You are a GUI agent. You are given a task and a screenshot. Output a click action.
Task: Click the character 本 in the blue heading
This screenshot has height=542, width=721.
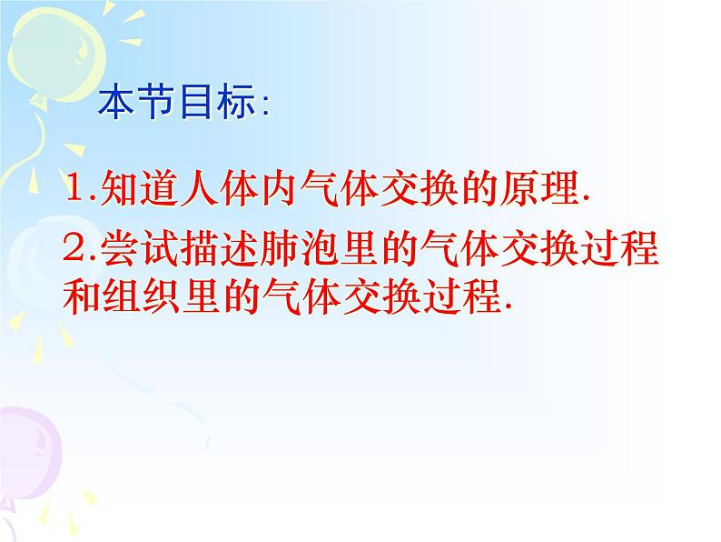pos(116,101)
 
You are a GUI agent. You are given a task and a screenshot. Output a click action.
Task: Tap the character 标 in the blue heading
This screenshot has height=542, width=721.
pos(236,101)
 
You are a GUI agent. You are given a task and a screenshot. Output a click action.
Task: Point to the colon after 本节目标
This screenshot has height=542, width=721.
pos(265,105)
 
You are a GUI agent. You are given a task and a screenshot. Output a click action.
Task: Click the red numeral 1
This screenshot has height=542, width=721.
pos(74,187)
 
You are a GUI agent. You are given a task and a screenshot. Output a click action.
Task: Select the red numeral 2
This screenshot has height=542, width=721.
pos(74,248)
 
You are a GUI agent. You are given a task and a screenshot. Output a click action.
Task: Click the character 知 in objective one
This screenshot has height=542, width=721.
pos(119,187)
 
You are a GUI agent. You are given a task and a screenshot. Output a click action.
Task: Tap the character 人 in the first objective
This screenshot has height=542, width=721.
pos(199,187)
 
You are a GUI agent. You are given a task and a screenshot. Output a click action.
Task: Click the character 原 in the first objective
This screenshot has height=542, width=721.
pos(519,187)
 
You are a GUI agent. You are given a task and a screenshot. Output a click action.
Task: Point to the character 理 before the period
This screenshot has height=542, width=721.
pos(558,187)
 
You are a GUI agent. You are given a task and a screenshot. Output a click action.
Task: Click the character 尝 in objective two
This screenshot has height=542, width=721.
pos(119,249)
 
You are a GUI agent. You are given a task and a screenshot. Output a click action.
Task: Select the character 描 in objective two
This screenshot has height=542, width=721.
pos(199,249)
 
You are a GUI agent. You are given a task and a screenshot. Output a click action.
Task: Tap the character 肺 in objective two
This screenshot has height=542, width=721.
pos(279,249)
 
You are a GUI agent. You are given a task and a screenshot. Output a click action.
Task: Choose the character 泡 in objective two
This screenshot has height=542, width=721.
pos(319,249)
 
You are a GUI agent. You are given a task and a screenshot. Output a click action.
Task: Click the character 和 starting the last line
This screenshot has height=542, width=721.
pos(82,296)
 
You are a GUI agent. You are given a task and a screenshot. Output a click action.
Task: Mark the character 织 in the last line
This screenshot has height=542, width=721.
pos(162,296)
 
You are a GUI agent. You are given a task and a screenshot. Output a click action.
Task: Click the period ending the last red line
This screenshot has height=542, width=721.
pos(508,306)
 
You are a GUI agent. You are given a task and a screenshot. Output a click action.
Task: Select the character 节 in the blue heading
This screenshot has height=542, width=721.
pos(156,101)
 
